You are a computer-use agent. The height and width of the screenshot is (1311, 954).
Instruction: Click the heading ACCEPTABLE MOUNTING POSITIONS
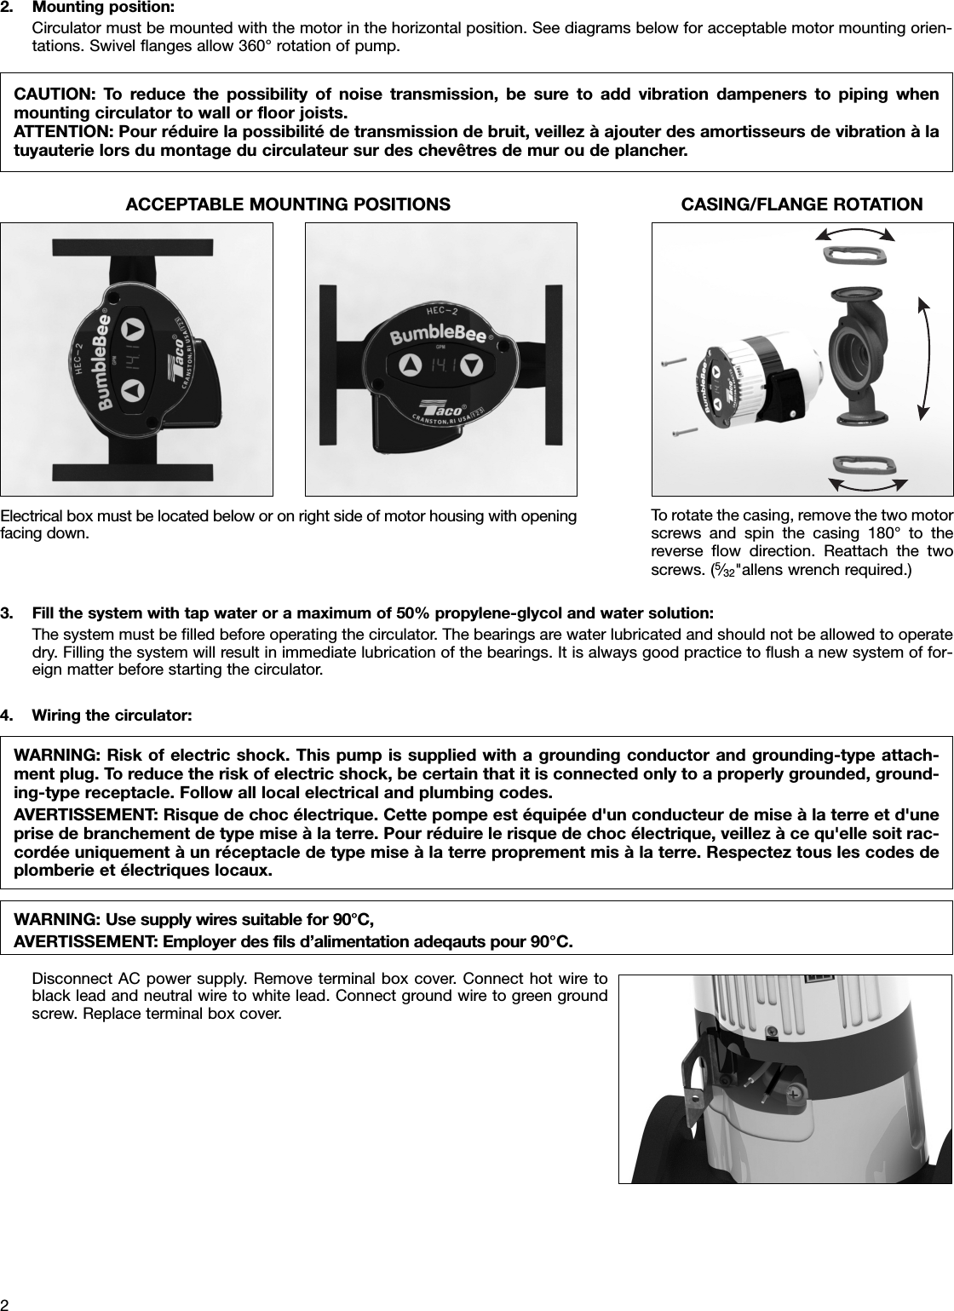(x=288, y=204)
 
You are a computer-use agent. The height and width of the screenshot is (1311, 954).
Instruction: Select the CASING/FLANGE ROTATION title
(x=802, y=204)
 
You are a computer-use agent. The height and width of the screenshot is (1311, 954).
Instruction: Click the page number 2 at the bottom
(x=5, y=1304)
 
